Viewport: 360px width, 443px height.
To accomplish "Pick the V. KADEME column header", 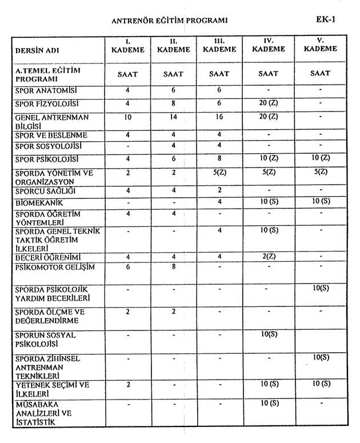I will click(x=320, y=45).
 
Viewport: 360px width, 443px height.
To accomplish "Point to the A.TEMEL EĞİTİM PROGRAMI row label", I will click(x=48, y=74).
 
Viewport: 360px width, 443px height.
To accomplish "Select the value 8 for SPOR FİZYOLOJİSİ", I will click(x=173, y=104).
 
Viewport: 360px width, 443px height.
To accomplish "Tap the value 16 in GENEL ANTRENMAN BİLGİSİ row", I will click(x=219, y=117).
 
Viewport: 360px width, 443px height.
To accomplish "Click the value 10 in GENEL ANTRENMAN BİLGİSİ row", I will click(x=127, y=117).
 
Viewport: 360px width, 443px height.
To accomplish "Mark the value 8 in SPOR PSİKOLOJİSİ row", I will click(x=219, y=158).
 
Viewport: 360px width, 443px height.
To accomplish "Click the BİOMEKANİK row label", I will click(x=39, y=203).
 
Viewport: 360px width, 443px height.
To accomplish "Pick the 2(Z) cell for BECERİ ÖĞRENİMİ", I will click(x=269, y=256).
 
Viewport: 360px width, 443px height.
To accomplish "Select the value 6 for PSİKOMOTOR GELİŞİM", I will click(x=127, y=266).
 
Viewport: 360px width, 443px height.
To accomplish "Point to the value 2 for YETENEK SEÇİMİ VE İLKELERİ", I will click(x=127, y=384).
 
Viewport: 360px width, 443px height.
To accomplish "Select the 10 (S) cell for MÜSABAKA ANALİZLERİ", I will click(x=269, y=404).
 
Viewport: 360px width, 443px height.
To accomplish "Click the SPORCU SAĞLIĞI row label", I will click(x=45, y=190).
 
